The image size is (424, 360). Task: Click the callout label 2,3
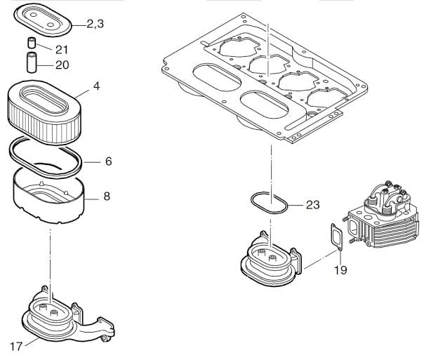point(95,24)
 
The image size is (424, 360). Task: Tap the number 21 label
point(62,50)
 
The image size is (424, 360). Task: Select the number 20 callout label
point(62,65)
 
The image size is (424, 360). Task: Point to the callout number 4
point(97,86)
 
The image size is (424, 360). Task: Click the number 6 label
point(108,161)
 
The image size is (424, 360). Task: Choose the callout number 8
point(107,196)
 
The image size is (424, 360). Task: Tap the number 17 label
point(16,347)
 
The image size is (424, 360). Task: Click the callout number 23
point(313,205)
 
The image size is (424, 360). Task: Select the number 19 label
point(340,270)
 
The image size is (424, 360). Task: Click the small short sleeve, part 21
point(32,44)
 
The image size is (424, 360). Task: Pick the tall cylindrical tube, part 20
point(32,62)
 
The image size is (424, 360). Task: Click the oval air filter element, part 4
point(44,112)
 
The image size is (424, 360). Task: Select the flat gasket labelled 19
point(337,237)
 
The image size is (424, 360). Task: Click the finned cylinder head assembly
point(381,213)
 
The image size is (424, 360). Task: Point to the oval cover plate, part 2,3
point(43,20)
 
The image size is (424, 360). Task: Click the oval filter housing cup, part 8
point(49,196)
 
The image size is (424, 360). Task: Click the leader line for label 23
point(296,206)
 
